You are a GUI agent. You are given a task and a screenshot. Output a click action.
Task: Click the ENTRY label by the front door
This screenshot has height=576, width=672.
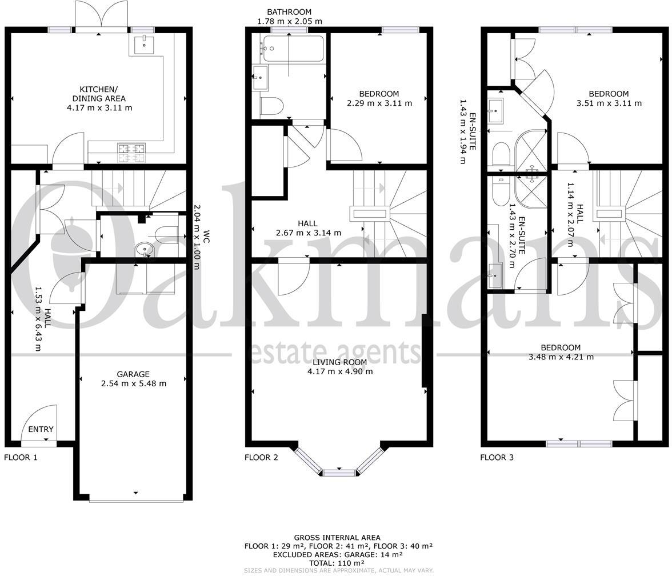coord(41,429)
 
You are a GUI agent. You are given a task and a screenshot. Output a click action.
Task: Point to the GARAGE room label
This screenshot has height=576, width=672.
coord(133,374)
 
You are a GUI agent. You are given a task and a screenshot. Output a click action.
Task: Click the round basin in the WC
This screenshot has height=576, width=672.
coord(143,249)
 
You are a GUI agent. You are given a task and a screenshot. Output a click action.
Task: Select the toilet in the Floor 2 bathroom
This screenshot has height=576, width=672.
coord(271,106)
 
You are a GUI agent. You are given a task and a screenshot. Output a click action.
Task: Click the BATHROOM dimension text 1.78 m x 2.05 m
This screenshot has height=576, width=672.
coord(290,21)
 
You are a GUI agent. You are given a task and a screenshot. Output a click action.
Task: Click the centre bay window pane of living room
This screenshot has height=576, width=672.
coord(339,472)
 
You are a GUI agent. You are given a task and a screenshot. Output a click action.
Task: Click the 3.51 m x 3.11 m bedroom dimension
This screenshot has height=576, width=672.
coord(609,103)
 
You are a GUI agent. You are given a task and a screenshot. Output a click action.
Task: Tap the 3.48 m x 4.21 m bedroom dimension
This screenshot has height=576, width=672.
coord(561,357)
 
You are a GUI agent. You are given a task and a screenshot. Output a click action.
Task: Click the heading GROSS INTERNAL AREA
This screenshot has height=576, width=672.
coord(337,538)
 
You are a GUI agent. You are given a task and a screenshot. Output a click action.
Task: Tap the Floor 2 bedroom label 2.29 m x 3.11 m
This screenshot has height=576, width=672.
coord(379,103)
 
